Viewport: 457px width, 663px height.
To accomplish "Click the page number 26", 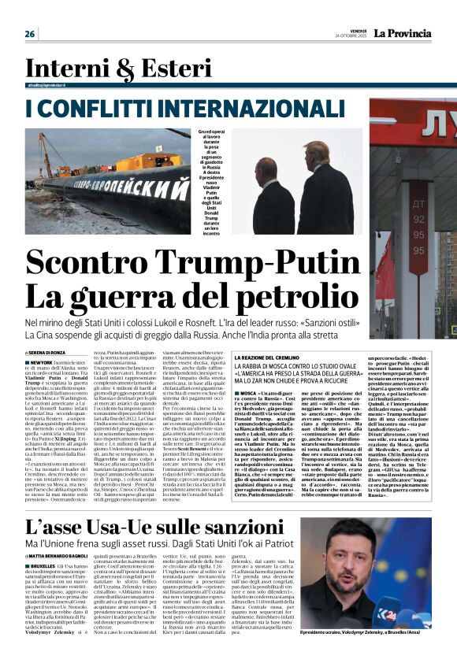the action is (30, 34).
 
